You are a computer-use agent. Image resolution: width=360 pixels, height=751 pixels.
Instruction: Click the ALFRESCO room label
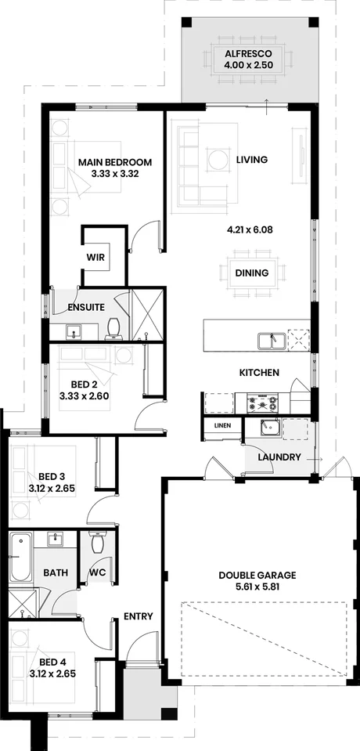[x=247, y=52]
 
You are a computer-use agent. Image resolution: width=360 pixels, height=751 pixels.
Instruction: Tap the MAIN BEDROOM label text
[x=114, y=163]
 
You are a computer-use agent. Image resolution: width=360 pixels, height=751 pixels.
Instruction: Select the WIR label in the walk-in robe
[x=95, y=256]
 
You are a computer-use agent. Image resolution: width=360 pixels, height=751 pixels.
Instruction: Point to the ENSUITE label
[x=86, y=307]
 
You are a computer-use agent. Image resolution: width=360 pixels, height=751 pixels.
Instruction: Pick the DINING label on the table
[x=252, y=273]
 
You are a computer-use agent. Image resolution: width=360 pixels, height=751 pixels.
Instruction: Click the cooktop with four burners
[x=262, y=403]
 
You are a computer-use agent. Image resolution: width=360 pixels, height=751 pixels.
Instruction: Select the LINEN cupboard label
[x=221, y=425]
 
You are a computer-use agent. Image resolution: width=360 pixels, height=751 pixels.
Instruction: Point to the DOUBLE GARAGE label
[x=257, y=575]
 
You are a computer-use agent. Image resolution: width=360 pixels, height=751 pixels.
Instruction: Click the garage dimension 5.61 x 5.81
[x=257, y=587]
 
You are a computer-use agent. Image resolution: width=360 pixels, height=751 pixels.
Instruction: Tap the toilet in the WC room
[x=98, y=541]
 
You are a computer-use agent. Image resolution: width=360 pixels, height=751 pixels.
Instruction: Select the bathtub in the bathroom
[x=20, y=556]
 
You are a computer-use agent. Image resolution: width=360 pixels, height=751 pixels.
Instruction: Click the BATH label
[x=55, y=572]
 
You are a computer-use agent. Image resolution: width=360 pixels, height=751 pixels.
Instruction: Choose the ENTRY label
[x=138, y=617]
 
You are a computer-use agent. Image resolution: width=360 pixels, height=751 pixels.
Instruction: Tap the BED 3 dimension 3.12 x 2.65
[x=51, y=487]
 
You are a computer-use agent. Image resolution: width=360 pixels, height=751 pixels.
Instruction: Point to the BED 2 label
[x=83, y=385]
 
